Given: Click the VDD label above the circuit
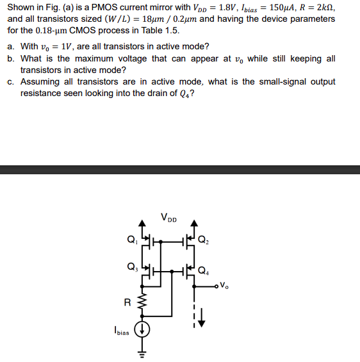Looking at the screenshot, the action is pyautogui.click(x=170, y=218).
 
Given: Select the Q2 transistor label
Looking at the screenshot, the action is pyautogui.click(x=203, y=241).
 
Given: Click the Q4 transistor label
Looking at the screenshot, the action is pyautogui.click(x=204, y=270).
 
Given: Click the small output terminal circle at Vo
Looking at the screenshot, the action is pyautogui.click(x=217, y=286).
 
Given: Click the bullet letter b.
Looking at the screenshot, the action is pyautogui.click(x=11, y=58).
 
